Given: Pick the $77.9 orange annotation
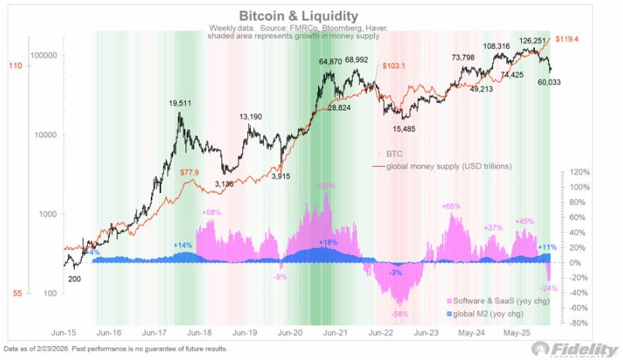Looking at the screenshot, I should click(189, 172).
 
